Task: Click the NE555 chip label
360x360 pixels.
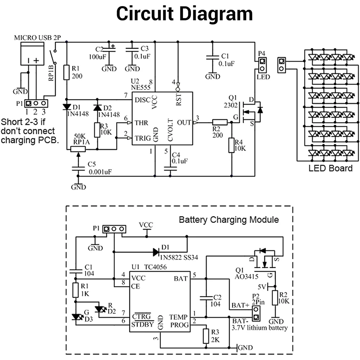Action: click(x=140, y=87)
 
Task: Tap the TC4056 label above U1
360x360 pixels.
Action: click(x=155, y=267)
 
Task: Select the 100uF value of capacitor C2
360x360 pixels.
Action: click(x=97, y=57)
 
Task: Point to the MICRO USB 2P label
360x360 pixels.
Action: click(x=37, y=38)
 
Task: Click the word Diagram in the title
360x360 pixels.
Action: click(x=216, y=14)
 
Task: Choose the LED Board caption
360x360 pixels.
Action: click(x=330, y=168)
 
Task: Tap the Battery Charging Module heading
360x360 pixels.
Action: click(x=229, y=220)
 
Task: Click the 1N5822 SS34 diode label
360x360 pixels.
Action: click(x=179, y=258)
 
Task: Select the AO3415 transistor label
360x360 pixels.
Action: click(x=246, y=276)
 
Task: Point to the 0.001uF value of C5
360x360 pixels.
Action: click(x=100, y=172)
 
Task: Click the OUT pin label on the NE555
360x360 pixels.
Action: click(x=184, y=123)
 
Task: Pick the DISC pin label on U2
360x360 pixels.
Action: click(x=142, y=100)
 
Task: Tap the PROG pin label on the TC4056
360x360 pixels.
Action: click(x=179, y=325)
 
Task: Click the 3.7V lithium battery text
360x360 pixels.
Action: click(x=260, y=328)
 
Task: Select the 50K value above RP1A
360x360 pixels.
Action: click(x=80, y=136)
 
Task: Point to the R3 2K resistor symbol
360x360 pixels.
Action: click(x=206, y=336)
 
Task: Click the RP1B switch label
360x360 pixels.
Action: click(x=51, y=73)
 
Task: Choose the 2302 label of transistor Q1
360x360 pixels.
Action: click(x=231, y=105)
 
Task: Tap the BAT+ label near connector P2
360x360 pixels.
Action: click(x=240, y=305)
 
